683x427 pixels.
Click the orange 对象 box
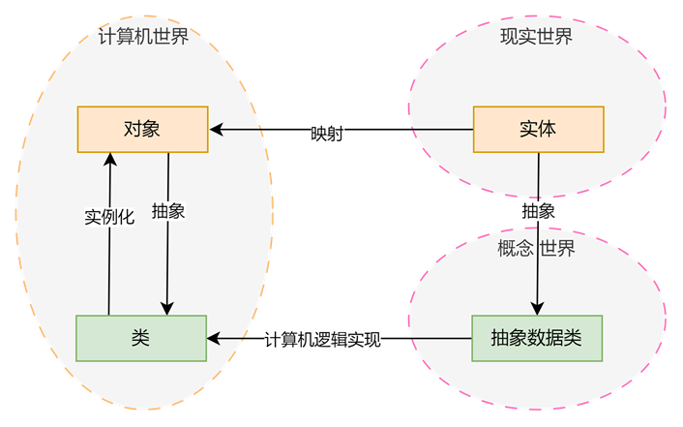(142, 129)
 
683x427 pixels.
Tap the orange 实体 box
(538, 129)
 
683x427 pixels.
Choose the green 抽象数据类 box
(537, 338)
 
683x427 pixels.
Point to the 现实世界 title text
(536, 37)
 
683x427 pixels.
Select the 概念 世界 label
(536, 249)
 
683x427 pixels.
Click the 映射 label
(328, 134)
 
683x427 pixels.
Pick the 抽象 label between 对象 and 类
(168, 212)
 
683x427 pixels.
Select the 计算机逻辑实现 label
(322, 340)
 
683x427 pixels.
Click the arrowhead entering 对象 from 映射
(217, 129)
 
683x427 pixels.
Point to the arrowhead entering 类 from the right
(215, 339)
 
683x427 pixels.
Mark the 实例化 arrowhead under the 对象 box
(109, 160)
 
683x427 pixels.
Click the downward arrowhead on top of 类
(169, 308)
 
